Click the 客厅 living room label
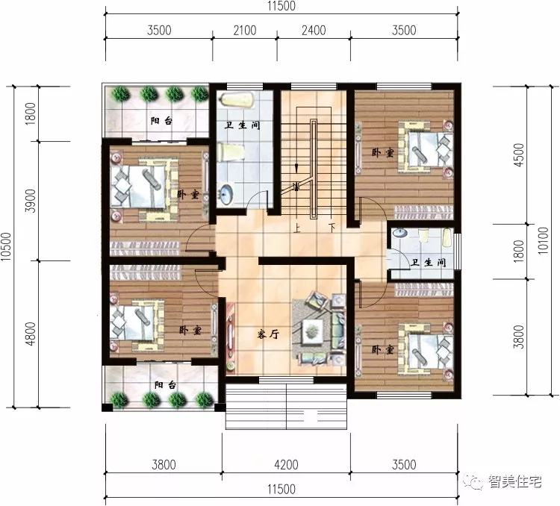268,334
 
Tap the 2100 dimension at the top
245,31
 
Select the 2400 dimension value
314,31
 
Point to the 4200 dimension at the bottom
286,464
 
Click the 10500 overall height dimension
6,247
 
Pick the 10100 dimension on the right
543,240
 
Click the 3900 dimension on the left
31,201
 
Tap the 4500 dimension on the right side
519,154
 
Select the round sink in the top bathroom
226,194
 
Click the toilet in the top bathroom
231,152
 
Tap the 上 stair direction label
296,228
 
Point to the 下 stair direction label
332,227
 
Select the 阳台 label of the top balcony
161,121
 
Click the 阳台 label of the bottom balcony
165,385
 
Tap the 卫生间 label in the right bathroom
429,263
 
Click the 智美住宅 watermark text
514,481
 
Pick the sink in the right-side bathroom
400,233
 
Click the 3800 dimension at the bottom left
164,464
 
